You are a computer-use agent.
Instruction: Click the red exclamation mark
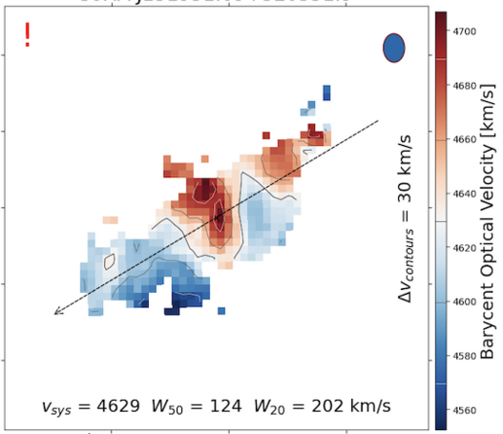(x=27, y=34)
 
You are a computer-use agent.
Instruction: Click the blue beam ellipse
(x=393, y=48)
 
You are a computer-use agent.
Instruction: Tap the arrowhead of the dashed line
(x=56, y=311)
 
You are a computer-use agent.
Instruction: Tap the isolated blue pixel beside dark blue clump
(x=222, y=310)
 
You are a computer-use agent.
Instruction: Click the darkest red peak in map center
(x=218, y=214)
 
